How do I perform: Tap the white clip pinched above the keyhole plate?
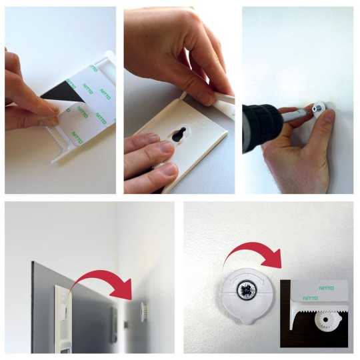tap(213, 100)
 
